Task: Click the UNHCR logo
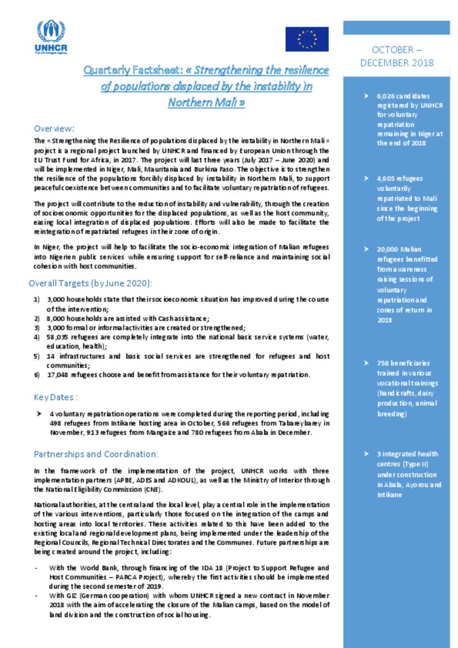click(x=51, y=37)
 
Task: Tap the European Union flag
click(x=307, y=39)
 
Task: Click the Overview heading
click(x=54, y=129)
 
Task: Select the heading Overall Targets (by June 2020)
click(x=90, y=283)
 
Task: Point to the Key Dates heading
click(x=55, y=397)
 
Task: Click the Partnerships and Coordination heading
click(x=96, y=454)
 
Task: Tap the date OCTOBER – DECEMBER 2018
click(x=397, y=56)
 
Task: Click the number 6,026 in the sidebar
click(x=386, y=96)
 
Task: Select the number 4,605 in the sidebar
click(x=386, y=178)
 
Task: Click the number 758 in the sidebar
click(x=382, y=363)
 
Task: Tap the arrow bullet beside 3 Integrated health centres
click(x=366, y=454)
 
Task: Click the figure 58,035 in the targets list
click(x=57, y=337)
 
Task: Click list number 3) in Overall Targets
click(x=37, y=328)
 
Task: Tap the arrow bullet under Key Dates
click(x=39, y=414)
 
